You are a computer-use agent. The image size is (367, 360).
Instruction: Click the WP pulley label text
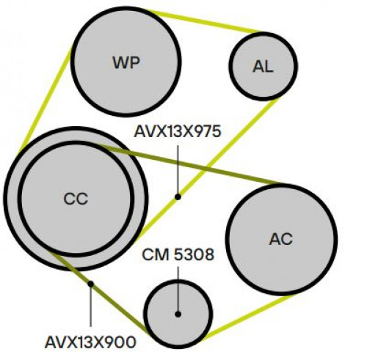pyautogui.click(x=126, y=62)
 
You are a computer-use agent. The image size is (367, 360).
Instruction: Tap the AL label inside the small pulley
pyautogui.click(x=263, y=66)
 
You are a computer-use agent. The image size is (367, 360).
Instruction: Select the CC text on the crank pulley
pyautogui.click(x=76, y=199)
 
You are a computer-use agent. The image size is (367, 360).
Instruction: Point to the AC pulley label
pyautogui.click(x=281, y=239)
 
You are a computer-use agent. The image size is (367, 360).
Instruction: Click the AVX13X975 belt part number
pyautogui.click(x=178, y=131)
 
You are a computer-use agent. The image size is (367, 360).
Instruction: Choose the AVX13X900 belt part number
pyautogui.click(x=90, y=342)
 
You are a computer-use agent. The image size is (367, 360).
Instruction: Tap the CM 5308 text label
pyautogui.click(x=178, y=254)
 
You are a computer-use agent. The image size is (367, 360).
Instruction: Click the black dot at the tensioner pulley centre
pyautogui.click(x=178, y=314)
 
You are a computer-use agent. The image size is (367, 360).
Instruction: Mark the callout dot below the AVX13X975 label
pyautogui.click(x=178, y=196)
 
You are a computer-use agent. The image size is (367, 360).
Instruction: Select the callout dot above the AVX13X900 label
pyautogui.click(x=91, y=284)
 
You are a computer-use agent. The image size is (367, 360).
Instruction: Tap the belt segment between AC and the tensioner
pyautogui.click(x=247, y=317)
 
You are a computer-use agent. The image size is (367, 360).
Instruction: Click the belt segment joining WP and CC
pyautogui.click(x=46, y=98)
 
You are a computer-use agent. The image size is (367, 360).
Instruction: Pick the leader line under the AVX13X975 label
pyautogui.click(x=178, y=169)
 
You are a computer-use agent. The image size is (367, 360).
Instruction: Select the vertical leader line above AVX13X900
pyautogui.click(x=91, y=306)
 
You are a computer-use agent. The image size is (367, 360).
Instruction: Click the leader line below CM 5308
pyautogui.click(x=178, y=289)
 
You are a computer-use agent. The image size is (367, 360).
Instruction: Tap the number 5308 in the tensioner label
pyautogui.click(x=195, y=254)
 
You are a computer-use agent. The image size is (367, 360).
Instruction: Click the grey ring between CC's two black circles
pyautogui.click(x=12, y=199)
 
